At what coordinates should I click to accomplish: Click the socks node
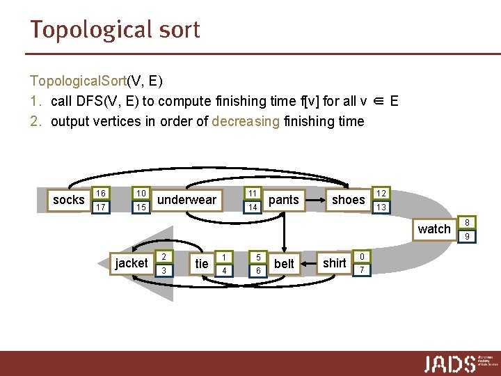[68, 201]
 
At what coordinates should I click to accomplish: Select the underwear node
[187, 200]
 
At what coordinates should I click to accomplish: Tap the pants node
[283, 200]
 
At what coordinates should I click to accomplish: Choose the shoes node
[348, 200]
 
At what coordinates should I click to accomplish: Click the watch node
[434, 229]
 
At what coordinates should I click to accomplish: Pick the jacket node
[132, 263]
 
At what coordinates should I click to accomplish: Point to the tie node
[202, 263]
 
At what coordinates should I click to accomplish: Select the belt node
[284, 263]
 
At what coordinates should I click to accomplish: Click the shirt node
[335, 263]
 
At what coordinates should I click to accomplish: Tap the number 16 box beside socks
[101, 193]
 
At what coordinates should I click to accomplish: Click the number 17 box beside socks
[101, 207]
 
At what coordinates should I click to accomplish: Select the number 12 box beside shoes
[381, 193]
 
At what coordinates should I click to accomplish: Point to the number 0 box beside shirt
[362, 256]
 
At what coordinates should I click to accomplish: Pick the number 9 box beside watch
[468, 237]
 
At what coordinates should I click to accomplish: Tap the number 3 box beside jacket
[164, 270]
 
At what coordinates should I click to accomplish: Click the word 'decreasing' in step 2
[246, 121]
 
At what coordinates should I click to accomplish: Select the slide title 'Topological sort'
[115, 30]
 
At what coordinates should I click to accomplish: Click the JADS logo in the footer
[450, 363]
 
